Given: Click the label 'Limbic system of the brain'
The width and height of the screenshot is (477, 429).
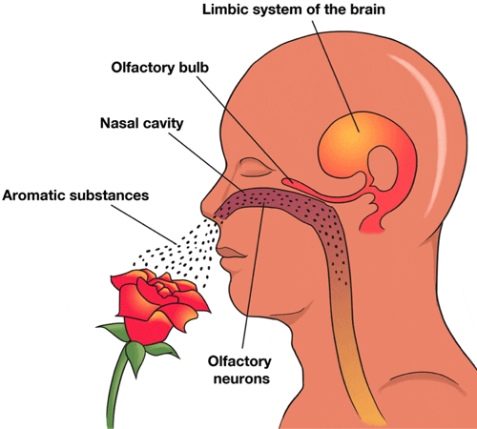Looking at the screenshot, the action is click(294, 10).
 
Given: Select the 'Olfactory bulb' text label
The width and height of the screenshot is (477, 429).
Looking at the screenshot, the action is click(159, 68).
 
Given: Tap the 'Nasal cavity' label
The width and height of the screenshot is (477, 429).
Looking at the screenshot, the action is click(142, 123).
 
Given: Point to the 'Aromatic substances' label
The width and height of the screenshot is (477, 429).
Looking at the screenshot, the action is click(75, 195).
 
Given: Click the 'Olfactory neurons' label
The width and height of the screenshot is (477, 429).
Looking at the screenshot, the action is click(240, 370).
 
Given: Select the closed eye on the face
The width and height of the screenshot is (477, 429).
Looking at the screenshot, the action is click(256, 169).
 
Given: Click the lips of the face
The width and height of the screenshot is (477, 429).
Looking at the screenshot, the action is click(232, 254).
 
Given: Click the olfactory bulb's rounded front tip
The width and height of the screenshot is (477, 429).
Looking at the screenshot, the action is click(284, 181).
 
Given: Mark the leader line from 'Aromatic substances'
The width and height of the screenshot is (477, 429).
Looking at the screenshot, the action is click(144, 224).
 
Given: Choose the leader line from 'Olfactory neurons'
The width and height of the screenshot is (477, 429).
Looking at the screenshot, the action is click(253, 274).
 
